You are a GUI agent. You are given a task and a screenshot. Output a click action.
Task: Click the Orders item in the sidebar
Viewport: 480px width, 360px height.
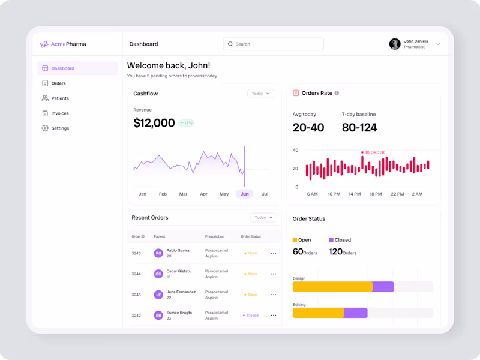point(58,83)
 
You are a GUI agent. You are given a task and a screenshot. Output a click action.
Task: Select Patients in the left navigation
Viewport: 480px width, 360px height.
point(59,98)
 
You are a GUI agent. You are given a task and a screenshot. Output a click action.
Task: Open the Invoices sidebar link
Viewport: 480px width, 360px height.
point(59,113)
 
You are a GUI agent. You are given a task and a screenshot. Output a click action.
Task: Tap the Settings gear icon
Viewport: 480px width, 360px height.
point(45,128)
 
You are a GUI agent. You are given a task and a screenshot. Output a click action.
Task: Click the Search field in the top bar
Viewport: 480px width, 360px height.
point(274,44)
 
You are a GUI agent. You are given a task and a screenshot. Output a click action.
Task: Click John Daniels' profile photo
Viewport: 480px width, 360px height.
point(395,44)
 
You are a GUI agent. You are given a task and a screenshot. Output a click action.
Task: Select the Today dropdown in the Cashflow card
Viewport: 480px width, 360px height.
point(260,94)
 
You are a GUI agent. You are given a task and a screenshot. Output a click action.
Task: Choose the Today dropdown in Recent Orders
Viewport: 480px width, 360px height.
point(263,218)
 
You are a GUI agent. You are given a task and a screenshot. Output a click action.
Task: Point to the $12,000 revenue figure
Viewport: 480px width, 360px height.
point(154,123)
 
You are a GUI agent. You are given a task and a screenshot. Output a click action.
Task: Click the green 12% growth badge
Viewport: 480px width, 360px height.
point(185,123)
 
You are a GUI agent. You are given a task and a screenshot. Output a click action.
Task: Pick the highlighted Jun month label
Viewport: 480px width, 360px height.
point(244,194)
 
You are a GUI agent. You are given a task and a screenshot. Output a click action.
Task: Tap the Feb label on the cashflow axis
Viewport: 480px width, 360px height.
point(163,194)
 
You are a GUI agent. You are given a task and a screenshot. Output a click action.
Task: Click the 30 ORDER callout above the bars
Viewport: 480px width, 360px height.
point(374,152)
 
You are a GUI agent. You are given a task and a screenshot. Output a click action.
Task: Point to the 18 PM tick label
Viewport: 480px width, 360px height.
point(376,194)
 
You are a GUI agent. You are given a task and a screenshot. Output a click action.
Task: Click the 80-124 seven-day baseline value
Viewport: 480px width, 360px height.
point(359,127)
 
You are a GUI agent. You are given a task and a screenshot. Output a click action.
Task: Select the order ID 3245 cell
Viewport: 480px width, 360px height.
point(136,253)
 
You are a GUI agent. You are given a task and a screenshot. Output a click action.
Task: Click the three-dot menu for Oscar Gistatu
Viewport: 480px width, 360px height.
point(274,274)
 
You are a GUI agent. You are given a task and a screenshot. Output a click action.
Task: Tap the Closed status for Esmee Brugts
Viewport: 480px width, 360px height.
point(251,315)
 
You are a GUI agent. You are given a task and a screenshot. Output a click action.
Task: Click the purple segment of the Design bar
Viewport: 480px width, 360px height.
point(383,287)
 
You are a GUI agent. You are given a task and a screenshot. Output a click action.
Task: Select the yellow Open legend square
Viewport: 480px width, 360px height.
point(295,240)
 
